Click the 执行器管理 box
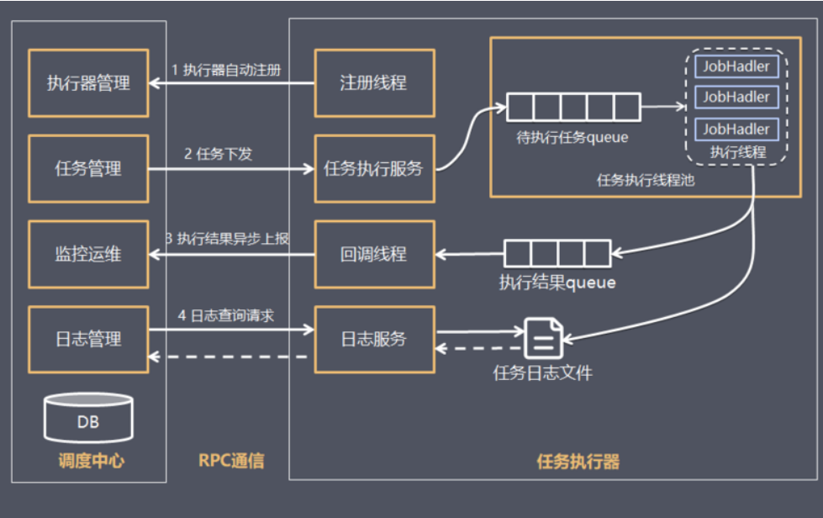click(88, 83)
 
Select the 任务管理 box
click(88, 168)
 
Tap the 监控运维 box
click(88, 254)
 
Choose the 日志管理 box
click(88, 339)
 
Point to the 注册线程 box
click(374, 82)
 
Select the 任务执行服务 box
click(374, 168)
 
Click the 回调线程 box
click(374, 254)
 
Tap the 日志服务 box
click(374, 339)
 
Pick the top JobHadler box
click(736, 66)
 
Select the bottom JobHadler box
click(736, 129)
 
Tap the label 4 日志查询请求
click(227, 315)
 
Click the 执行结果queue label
click(557, 283)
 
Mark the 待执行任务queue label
click(572, 137)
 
